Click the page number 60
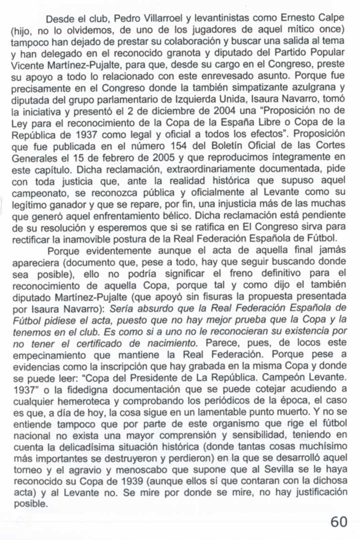point(339,522)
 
